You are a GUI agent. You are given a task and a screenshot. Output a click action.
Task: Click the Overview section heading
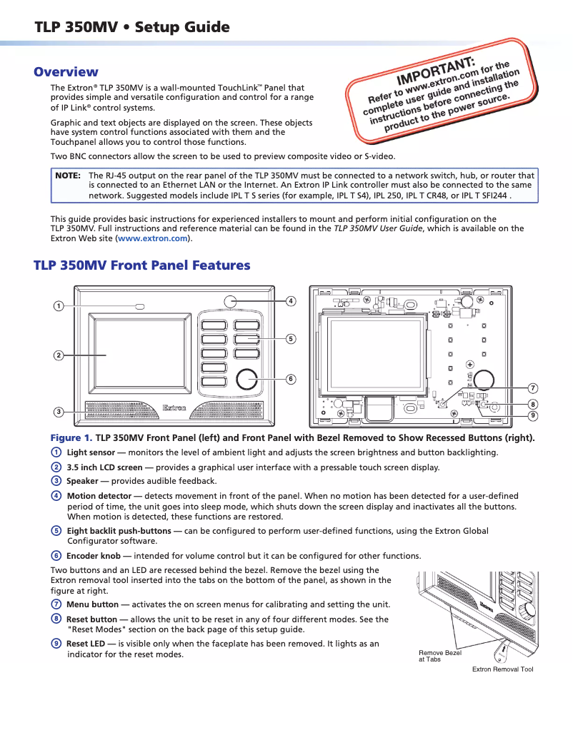(x=66, y=72)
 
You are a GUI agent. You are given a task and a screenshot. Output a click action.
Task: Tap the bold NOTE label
(x=67, y=176)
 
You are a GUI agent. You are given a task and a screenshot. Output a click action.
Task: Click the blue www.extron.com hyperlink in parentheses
(x=152, y=238)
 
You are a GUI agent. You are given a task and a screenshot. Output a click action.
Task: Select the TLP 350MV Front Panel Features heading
(x=141, y=265)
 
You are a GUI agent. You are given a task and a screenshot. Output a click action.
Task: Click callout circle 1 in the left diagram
(x=58, y=306)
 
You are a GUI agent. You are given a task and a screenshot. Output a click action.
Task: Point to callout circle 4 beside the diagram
(x=291, y=301)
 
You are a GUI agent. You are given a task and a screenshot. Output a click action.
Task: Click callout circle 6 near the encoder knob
(x=291, y=379)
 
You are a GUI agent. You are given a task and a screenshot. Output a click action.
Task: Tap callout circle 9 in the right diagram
(x=533, y=415)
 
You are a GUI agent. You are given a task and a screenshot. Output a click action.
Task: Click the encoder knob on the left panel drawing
(x=246, y=379)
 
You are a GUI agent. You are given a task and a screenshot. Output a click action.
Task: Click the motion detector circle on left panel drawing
(x=229, y=302)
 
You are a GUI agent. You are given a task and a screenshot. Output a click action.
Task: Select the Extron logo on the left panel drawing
(x=175, y=408)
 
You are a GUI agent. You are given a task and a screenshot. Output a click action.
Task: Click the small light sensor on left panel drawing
(x=140, y=306)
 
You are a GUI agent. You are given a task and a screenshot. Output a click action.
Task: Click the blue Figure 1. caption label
(x=71, y=437)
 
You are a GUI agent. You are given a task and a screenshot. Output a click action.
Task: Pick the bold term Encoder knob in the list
(x=93, y=556)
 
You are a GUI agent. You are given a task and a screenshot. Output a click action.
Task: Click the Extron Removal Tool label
(x=502, y=669)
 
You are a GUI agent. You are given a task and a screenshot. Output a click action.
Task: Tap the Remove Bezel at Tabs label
(x=440, y=656)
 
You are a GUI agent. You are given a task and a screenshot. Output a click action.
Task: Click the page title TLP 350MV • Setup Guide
(x=132, y=28)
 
